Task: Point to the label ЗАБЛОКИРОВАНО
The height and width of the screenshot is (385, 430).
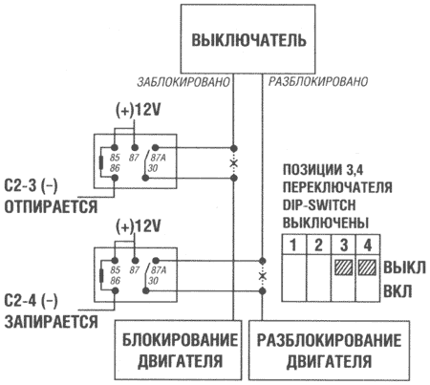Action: pyautogui.click(x=183, y=83)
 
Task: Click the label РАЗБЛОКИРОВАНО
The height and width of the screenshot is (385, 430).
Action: pyautogui.click(x=318, y=83)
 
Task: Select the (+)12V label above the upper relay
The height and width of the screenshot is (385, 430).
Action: pyautogui.click(x=140, y=111)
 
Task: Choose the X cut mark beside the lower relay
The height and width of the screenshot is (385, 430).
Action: pyautogui.click(x=261, y=276)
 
